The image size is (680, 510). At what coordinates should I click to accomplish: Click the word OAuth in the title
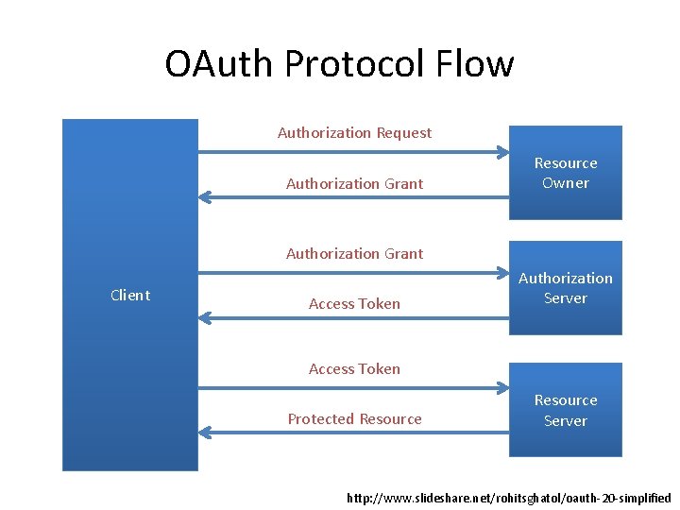pos(218,63)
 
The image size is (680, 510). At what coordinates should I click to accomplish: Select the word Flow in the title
pos(475,63)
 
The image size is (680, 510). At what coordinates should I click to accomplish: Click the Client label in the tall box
pos(130,296)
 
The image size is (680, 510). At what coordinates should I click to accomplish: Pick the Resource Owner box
pos(566,173)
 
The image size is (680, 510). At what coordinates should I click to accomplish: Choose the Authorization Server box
pos(566,288)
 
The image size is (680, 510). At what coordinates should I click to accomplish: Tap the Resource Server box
pos(566,410)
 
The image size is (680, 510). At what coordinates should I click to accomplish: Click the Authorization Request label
pos(355,133)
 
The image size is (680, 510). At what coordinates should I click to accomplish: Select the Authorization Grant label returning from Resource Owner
pos(355,184)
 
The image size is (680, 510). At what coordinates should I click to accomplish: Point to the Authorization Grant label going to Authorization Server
pos(355,254)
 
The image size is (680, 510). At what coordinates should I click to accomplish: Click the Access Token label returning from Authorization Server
pos(354,304)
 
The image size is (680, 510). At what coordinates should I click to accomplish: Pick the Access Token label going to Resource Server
pos(354,369)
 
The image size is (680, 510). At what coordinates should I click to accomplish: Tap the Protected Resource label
pos(355,419)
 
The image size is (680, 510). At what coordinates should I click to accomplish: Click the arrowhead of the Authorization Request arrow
pos(508,152)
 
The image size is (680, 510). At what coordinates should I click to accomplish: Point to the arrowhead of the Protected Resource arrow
pos(199,433)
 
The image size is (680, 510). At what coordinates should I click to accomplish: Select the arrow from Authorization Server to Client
pos(354,319)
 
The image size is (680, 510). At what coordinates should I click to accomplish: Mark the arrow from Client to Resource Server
pos(354,388)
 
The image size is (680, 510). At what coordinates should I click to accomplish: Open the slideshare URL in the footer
pos(509,498)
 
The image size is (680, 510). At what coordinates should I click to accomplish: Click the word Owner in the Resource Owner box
pos(566,183)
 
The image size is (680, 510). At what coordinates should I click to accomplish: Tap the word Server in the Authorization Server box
pos(566,298)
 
